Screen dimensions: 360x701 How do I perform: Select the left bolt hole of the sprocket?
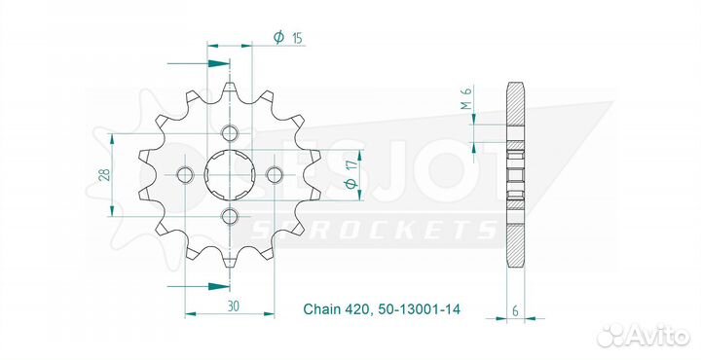pos(186,174)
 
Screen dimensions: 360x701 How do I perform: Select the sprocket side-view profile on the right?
pos(515,175)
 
